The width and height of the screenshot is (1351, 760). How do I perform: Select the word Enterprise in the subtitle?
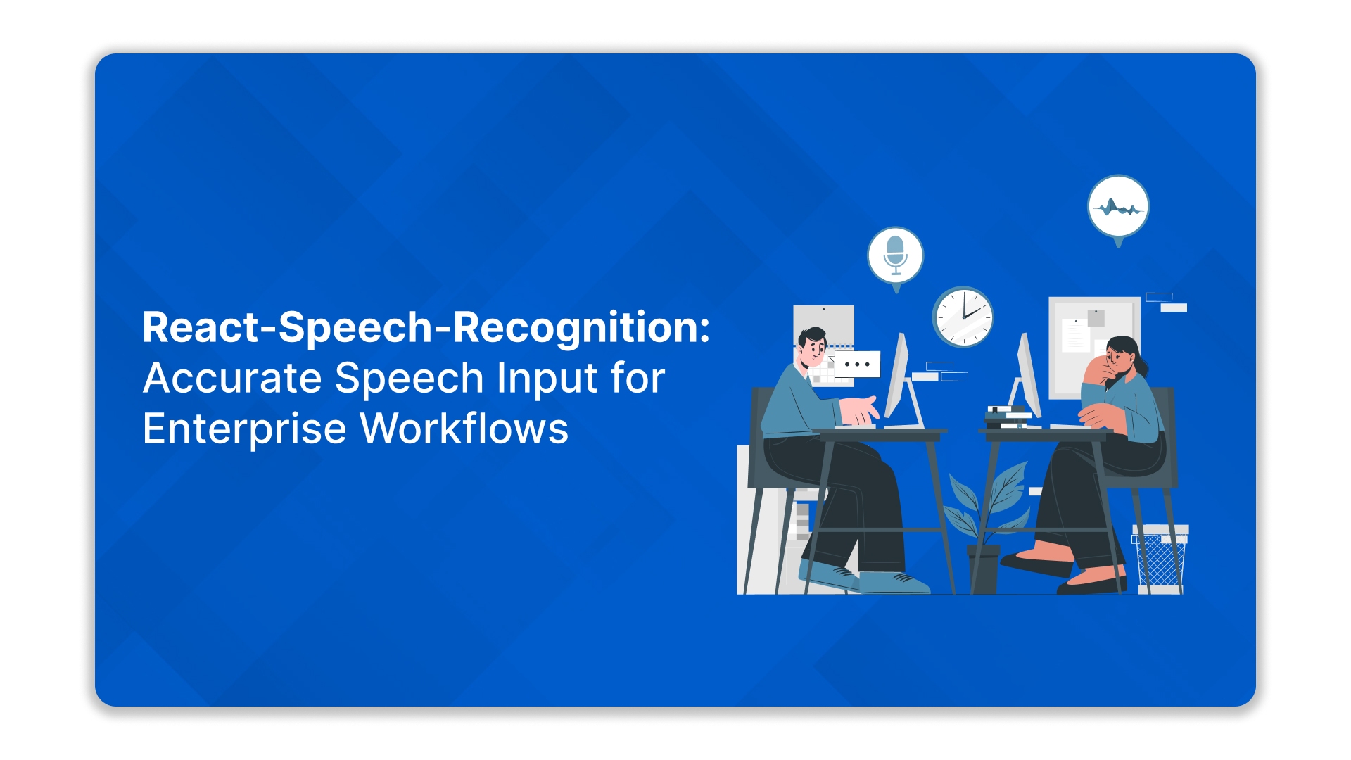(244, 429)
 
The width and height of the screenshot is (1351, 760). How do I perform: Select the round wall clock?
(963, 317)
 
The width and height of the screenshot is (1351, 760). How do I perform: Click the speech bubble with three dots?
(856, 365)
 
